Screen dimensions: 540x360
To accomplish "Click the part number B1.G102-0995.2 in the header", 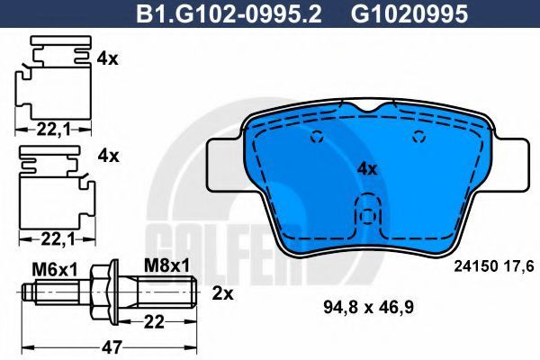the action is click(229, 13).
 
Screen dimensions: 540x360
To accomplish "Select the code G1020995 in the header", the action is click(409, 13).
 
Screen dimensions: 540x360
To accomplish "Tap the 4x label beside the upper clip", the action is click(107, 59).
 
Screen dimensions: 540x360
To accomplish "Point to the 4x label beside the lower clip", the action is click(108, 156).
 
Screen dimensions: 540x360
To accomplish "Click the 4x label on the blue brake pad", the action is click(367, 169).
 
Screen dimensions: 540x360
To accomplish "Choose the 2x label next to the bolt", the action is click(222, 293).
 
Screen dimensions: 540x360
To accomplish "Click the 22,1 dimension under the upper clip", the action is click(53, 130).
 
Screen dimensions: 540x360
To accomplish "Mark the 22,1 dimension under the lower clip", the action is click(58, 239).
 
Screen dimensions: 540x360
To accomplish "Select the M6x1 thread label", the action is click(55, 270).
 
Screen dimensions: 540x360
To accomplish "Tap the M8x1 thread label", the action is click(167, 265).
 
